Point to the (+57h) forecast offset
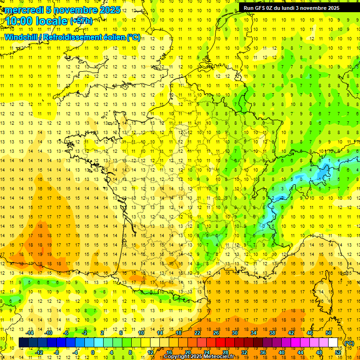point(81,21)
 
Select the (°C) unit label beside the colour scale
point(349,343)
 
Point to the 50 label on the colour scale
point(329,333)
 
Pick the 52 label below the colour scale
point(338,352)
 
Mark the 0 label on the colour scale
point(93,352)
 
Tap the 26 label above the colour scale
point(216,333)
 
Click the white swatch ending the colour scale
point(333,343)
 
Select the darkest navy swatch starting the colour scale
point(24,343)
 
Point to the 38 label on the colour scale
point(272,333)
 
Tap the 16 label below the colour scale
point(169,352)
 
